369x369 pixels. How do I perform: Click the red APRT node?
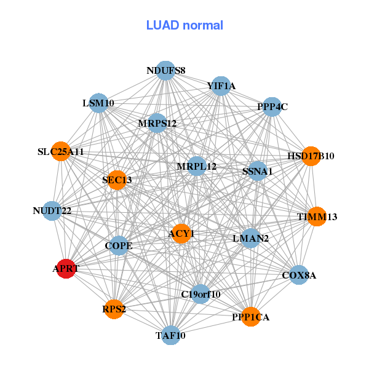[x=66, y=269]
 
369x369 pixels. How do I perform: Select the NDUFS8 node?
[x=166, y=71]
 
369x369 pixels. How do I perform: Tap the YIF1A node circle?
[x=221, y=86]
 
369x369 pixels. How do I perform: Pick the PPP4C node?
[x=272, y=106]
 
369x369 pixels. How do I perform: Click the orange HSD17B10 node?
[x=311, y=156]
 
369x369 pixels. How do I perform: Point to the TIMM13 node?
[x=317, y=216]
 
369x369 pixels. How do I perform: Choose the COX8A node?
[x=299, y=275]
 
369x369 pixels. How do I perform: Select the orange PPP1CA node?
[x=251, y=317]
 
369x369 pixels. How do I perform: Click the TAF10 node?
[x=170, y=335]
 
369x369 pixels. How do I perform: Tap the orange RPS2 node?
[x=114, y=309]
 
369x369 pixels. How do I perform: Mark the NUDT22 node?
[x=52, y=211]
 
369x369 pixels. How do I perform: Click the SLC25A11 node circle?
[x=61, y=151]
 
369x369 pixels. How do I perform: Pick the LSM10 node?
[x=98, y=103]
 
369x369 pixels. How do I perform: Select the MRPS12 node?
[x=157, y=123]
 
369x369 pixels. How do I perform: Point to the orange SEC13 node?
[x=117, y=180]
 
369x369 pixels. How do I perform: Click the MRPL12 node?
[x=197, y=166]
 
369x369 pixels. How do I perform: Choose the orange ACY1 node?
[x=181, y=234]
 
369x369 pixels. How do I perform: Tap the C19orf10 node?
[x=200, y=294]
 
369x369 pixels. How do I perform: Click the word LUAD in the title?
[x=162, y=25]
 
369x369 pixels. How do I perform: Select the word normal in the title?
[x=203, y=25]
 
